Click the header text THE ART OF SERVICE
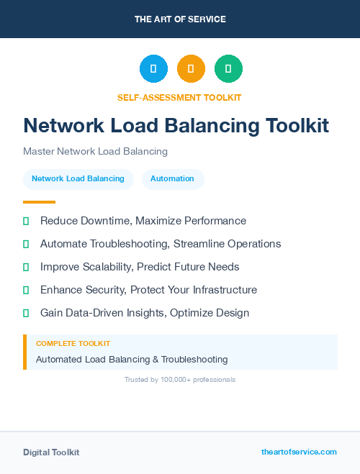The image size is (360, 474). [x=180, y=19]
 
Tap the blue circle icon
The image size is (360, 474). [x=153, y=69]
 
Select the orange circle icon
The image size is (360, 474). [x=191, y=69]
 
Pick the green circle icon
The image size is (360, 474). [x=228, y=69]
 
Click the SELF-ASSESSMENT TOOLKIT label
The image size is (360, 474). [x=179, y=97]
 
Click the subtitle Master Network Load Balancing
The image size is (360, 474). [x=95, y=152]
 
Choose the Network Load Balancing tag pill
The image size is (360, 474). [x=78, y=178]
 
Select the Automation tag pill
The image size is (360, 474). [x=173, y=178]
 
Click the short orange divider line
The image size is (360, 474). [x=39, y=202]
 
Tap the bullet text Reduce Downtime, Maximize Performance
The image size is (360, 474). [x=143, y=221]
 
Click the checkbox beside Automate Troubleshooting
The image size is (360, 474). [x=26, y=245]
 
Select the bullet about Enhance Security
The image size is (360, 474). [x=148, y=290]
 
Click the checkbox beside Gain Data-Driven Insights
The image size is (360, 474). [x=26, y=314]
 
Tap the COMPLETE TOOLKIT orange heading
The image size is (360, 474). [x=73, y=344]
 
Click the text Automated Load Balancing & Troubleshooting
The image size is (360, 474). [x=132, y=359]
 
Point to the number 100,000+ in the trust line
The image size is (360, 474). [x=173, y=380]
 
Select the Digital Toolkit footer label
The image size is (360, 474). [x=51, y=452]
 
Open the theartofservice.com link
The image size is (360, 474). [x=299, y=452]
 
